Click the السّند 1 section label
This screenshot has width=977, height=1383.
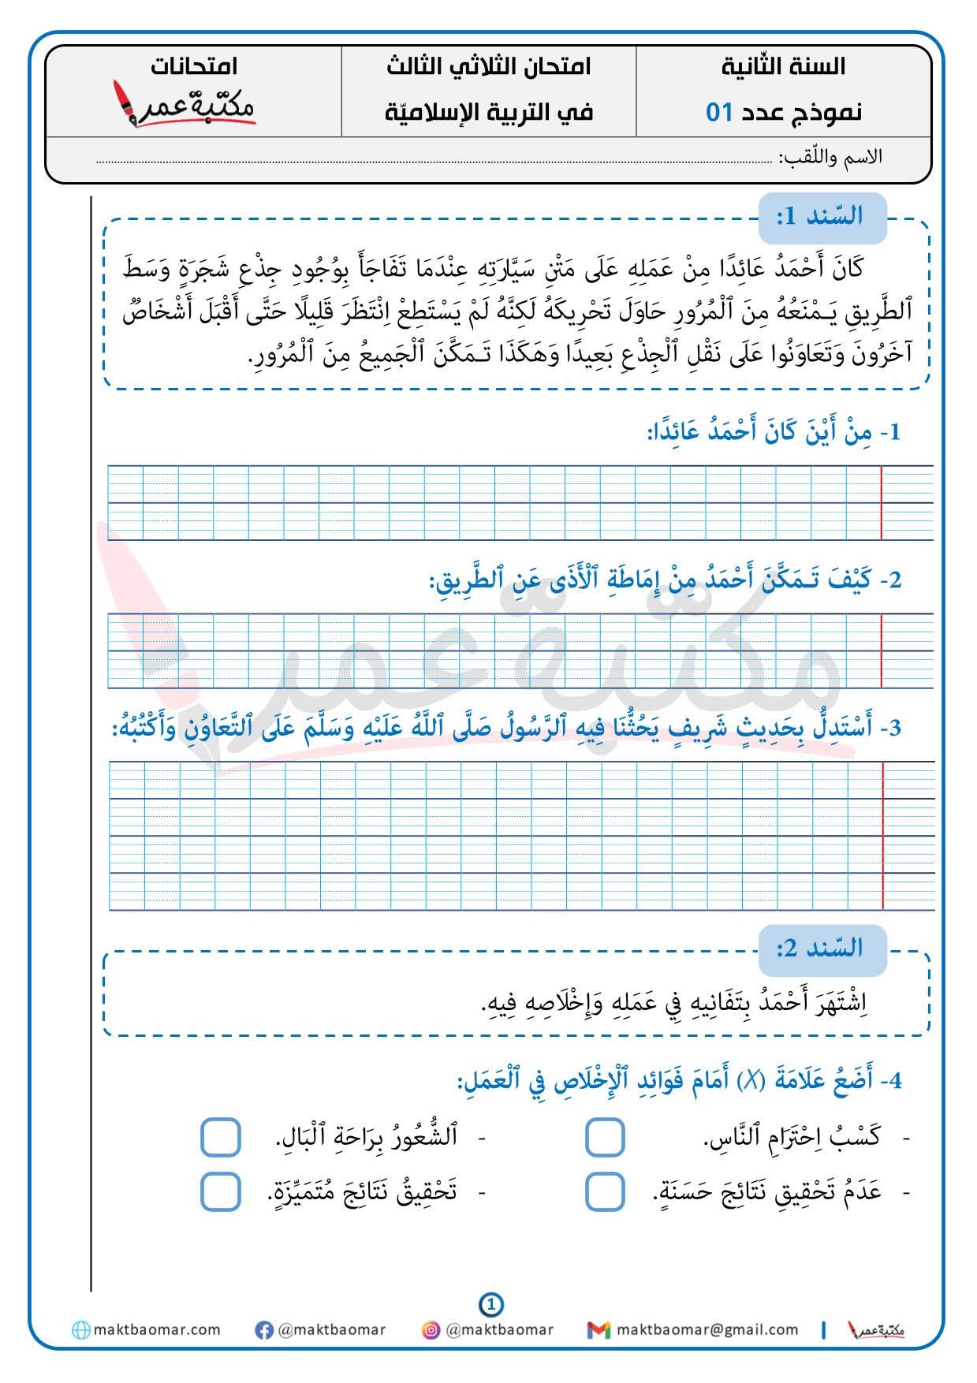pyautogui.click(x=822, y=217)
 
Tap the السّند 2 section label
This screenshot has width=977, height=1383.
pyautogui.click(x=822, y=948)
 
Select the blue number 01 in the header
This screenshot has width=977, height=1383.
pyautogui.click(x=719, y=113)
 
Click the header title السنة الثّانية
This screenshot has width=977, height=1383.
pyautogui.click(x=783, y=67)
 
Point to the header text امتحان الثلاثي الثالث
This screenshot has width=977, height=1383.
pyautogui.click(x=489, y=67)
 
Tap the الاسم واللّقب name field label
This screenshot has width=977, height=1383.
pyautogui.click(x=830, y=156)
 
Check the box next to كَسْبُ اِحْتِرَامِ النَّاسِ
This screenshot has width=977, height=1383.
pyautogui.click(x=605, y=1138)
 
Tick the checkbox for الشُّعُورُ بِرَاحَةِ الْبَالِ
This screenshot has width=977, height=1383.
pyautogui.click(x=220, y=1138)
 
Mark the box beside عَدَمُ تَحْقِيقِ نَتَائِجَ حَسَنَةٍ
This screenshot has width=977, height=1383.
pyautogui.click(x=605, y=1191)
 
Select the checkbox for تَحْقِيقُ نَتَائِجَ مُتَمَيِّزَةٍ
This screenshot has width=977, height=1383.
pyautogui.click(x=220, y=1191)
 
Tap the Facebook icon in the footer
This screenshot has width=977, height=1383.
pyautogui.click(x=264, y=1330)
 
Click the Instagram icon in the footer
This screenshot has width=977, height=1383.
pyautogui.click(x=431, y=1330)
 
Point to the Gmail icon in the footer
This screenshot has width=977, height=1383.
pyautogui.click(x=599, y=1330)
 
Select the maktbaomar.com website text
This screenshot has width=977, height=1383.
pyautogui.click(x=157, y=1330)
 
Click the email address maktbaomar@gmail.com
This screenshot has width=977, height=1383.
pyautogui.click(x=707, y=1330)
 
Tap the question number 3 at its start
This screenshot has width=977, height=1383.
pyautogui.click(x=893, y=728)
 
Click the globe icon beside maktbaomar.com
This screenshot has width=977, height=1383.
pyautogui.click(x=80, y=1330)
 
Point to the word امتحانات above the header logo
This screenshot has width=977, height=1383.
pyautogui.click(x=194, y=66)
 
